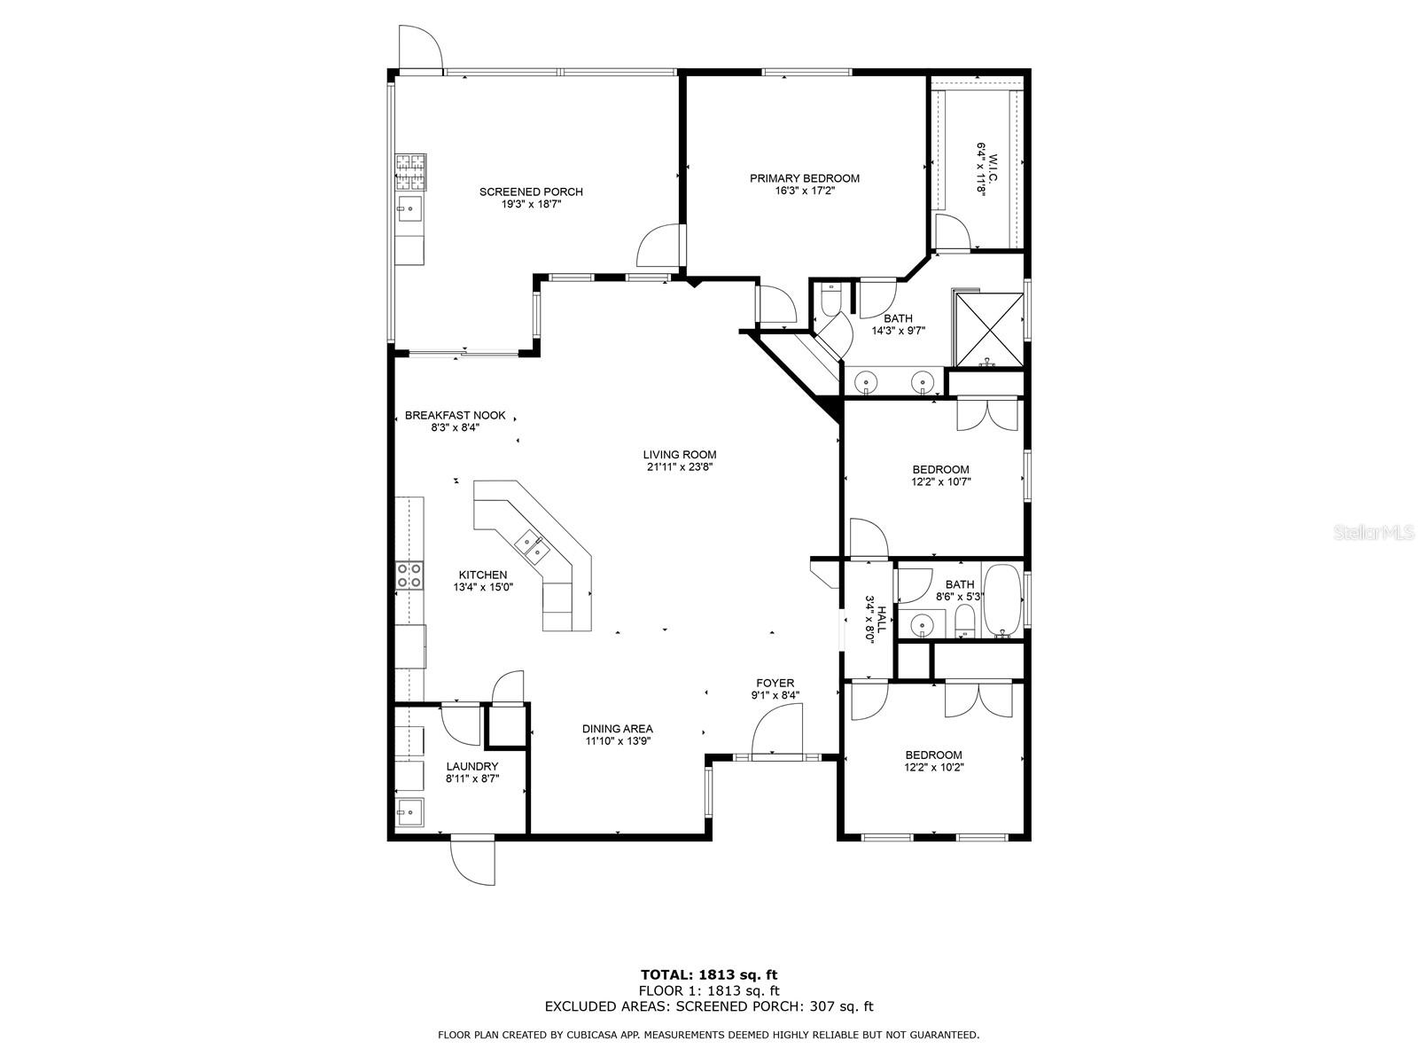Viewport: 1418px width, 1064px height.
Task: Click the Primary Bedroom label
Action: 804,178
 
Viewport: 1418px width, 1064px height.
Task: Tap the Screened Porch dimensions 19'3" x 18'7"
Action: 531,204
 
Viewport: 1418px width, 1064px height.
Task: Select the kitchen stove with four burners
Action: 409,575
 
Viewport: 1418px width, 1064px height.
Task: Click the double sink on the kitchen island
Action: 533,546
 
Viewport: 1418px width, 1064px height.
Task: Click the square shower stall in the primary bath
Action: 987,327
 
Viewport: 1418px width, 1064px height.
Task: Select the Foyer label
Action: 775,683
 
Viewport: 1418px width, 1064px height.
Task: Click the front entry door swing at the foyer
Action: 776,730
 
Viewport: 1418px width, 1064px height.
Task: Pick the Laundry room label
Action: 471,766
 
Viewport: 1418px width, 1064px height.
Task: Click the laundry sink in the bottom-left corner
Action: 409,810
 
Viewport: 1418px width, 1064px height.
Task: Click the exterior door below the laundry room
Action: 473,858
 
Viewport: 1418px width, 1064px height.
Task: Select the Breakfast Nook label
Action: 455,415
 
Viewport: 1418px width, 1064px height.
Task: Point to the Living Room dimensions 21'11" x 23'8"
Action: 680,467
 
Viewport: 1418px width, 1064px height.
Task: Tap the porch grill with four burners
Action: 409,172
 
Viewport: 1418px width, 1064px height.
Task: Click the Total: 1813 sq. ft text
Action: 709,975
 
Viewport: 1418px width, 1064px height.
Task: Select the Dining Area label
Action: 618,729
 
